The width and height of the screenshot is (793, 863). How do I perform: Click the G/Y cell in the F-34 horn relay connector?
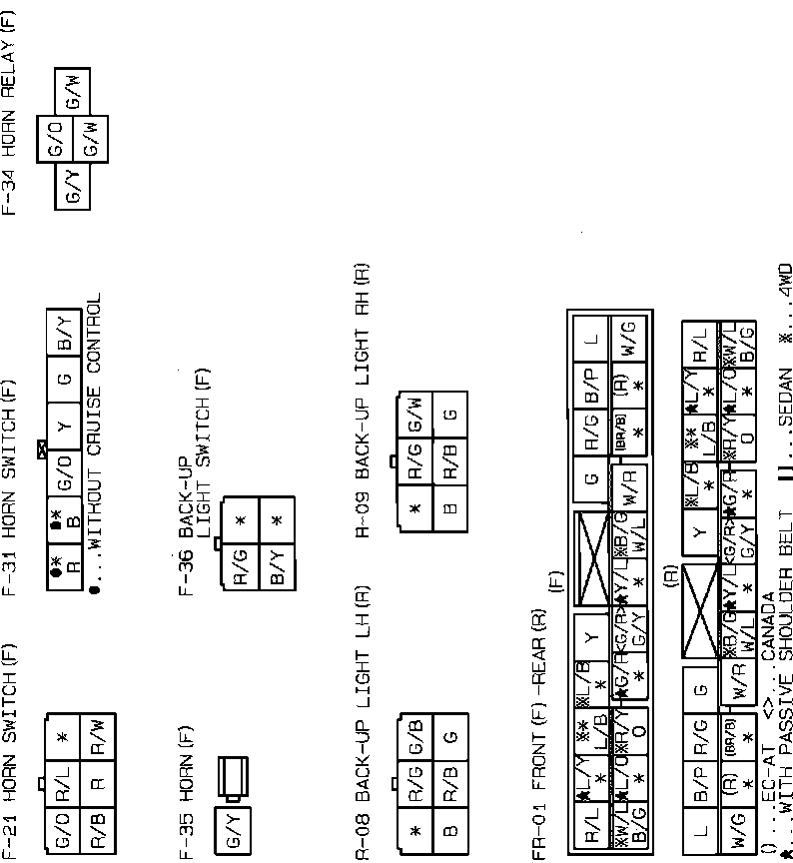click(73, 186)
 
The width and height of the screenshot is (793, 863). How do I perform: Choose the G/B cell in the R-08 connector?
click(416, 737)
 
